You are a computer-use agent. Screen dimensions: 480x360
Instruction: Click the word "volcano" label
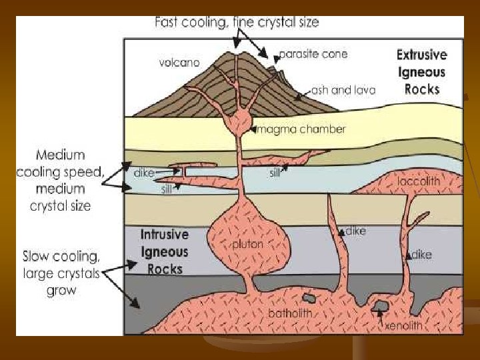coord(179,63)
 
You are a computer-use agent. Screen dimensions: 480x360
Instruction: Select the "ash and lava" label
coord(343,90)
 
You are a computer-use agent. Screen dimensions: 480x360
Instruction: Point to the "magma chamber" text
coord(301,129)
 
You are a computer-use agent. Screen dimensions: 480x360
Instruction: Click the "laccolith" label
coord(419,181)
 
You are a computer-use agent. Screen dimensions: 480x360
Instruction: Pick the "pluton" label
coord(247,245)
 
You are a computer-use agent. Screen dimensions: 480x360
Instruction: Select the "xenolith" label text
coord(403,325)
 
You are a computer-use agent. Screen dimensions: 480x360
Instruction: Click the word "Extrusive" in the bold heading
coord(422,55)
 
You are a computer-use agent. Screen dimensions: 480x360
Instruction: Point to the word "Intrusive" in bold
coord(165,235)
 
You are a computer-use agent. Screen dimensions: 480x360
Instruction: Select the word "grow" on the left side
coord(61,290)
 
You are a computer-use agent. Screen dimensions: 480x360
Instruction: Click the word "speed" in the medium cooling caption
coord(82,172)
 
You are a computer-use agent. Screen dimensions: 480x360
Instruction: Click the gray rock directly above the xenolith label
coord(381,307)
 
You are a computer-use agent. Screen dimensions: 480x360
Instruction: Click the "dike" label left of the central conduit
coord(143,173)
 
